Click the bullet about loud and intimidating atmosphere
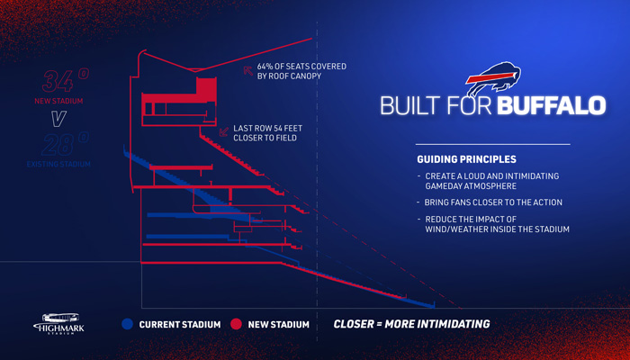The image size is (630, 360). tap(491, 179)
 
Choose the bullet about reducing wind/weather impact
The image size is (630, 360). tap(491, 223)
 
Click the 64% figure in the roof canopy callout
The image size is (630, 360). tap(265, 67)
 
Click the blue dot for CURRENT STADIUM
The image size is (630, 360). tap(128, 324)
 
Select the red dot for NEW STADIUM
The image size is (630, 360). tap(235, 324)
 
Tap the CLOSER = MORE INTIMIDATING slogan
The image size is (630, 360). tap(412, 324)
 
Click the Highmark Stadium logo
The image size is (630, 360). tap(58, 324)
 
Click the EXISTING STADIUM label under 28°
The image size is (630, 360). tap(64, 165)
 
